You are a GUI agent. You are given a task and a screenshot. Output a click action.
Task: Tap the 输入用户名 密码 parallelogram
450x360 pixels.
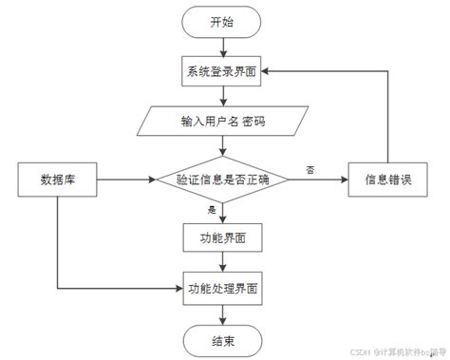[x=224, y=122]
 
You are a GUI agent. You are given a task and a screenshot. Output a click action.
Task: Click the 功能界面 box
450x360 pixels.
[x=223, y=236]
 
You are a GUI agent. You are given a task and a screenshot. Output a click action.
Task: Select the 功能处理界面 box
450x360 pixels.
[x=223, y=285]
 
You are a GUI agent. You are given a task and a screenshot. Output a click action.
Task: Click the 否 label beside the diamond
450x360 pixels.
[x=309, y=169]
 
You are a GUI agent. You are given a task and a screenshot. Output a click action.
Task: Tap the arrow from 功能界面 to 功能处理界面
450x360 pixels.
[x=223, y=260]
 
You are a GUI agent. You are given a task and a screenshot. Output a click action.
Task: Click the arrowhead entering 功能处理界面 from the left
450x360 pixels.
[x=178, y=285]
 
